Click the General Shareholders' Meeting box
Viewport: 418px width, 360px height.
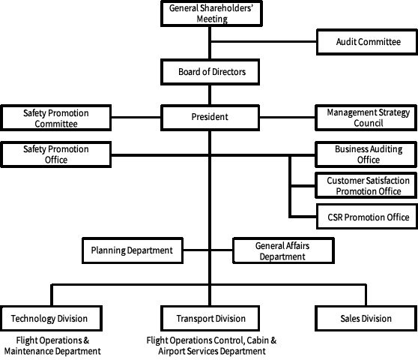(211, 13)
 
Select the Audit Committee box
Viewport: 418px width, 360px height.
(367, 42)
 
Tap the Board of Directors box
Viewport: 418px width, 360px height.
(210, 72)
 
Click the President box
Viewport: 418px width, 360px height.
(210, 117)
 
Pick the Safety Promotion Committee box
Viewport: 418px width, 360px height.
(55, 118)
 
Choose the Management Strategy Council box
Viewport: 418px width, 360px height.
(366, 118)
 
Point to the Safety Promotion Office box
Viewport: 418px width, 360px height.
(55, 154)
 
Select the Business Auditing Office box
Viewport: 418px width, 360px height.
(366, 154)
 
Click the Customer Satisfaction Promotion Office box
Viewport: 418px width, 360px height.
(366, 185)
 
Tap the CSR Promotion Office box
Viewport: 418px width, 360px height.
(367, 217)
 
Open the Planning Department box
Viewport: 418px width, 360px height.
(133, 250)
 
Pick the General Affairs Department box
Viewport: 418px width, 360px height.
(283, 250)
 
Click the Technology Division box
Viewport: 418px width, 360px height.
(51, 318)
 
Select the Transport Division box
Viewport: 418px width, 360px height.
(210, 318)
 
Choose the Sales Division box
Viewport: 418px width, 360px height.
(366, 318)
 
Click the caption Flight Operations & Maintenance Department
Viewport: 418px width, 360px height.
(52, 346)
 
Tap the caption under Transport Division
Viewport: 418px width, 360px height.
(211, 346)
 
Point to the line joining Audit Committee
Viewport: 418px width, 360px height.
(264, 42)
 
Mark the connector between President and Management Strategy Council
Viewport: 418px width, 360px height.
(288, 117)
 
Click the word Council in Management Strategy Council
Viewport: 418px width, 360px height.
(369, 123)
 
